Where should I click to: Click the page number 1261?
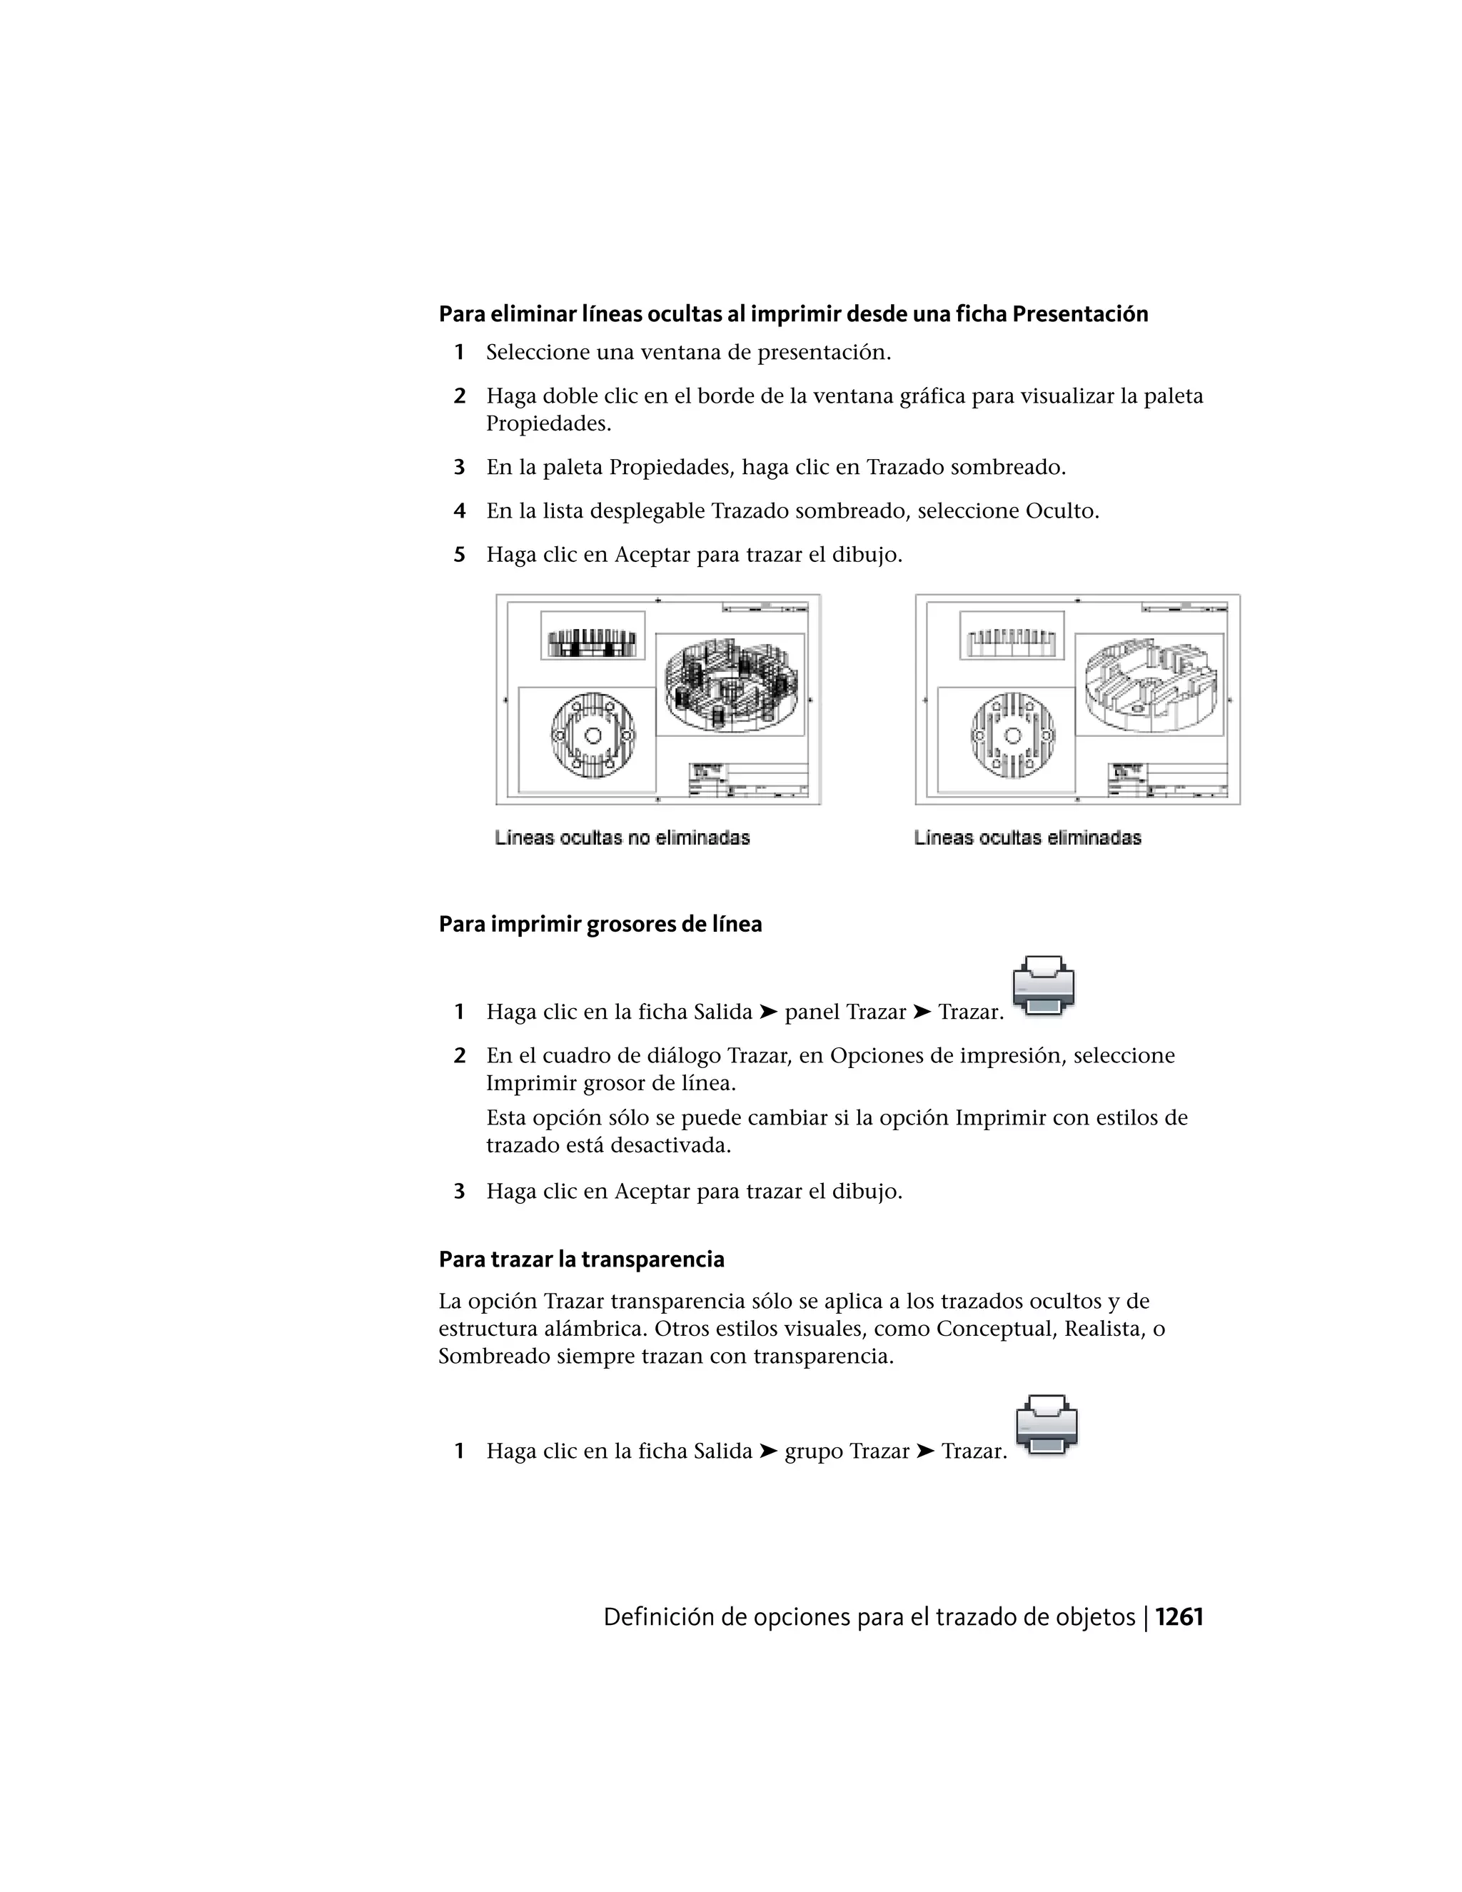coord(1179,1617)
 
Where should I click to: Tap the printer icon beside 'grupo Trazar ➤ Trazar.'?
coord(1047,1424)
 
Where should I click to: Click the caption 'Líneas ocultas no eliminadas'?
coord(622,837)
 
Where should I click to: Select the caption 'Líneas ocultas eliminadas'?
coord(1027,837)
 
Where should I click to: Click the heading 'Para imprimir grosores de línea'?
coord(600,925)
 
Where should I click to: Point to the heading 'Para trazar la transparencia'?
coord(581,1259)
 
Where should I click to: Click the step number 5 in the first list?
coord(460,555)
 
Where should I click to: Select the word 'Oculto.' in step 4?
coord(1062,511)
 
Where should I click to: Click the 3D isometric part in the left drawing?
coord(731,685)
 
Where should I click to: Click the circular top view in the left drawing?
coord(593,735)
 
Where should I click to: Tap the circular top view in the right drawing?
coord(1011,735)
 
